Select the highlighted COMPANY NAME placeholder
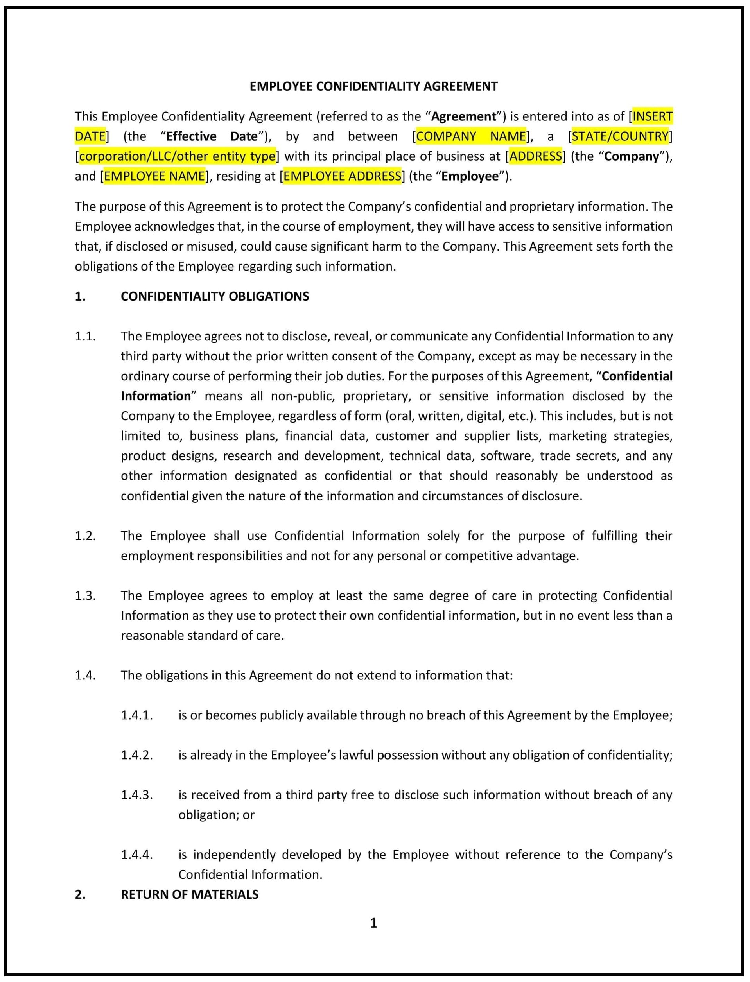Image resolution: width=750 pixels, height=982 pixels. pyautogui.click(x=470, y=136)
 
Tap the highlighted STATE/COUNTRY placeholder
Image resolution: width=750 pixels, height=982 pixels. pyautogui.click(x=620, y=136)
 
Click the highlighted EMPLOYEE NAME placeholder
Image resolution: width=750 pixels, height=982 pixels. pyautogui.click(x=154, y=176)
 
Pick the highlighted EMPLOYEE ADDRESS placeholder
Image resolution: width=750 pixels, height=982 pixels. pyautogui.click(x=343, y=176)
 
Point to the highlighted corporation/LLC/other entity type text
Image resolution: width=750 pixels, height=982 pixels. pyautogui.click(x=177, y=156)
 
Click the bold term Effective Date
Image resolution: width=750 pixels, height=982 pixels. pyautogui.click(x=212, y=136)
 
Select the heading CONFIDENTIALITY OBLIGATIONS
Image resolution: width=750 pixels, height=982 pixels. pyautogui.click(x=215, y=296)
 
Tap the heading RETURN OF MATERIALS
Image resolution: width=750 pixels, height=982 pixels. pyautogui.click(x=189, y=894)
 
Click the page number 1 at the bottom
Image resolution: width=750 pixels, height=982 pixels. pyautogui.click(x=374, y=923)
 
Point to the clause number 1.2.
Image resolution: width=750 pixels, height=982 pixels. pyautogui.click(x=85, y=536)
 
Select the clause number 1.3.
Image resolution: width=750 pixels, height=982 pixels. pyautogui.click(x=85, y=595)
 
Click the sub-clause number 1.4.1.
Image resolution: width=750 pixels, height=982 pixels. pyautogui.click(x=136, y=715)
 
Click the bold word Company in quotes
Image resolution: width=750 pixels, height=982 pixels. pyautogui.click(x=631, y=156)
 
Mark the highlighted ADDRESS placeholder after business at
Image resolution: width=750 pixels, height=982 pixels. pyautogui.click(x=535, y=156)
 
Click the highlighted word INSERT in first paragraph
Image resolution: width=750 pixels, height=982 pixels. pyautogui.click(x=652, y=116)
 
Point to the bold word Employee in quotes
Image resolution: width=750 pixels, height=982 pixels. pyautogui.click(x=470, y=176)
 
